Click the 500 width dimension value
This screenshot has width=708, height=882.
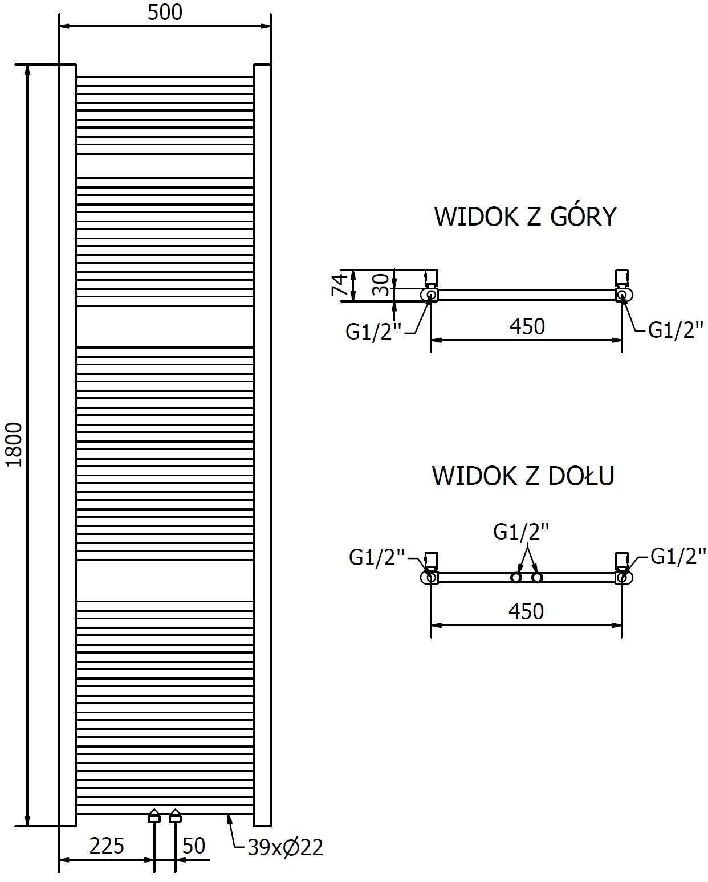pos(165,13)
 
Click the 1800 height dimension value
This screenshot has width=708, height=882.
pos(14,444)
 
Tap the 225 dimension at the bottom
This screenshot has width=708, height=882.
pos(107,846)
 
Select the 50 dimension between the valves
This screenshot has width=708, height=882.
pos(194,846)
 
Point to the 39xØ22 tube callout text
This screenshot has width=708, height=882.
pos(286,848)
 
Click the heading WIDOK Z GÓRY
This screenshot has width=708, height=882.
pos(525,217)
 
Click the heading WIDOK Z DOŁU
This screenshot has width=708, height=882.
pos(523,476)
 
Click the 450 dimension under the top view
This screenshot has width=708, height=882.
pos(527,326)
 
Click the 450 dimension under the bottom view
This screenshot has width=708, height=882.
pos(526,611)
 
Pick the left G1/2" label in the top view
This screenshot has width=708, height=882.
pos(373,332)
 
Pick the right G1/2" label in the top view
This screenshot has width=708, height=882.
pos(676,330)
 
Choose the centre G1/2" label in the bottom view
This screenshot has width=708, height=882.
pos(521,532)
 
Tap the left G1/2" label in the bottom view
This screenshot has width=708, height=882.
pos(377,557)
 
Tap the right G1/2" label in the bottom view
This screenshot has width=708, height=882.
pos(678,556)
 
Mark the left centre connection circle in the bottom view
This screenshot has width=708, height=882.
pos(516,578)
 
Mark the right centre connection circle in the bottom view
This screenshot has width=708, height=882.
pos(536,578)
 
